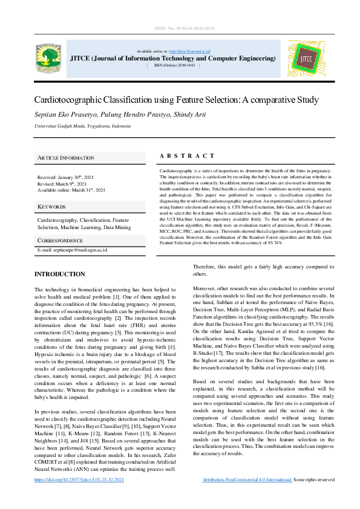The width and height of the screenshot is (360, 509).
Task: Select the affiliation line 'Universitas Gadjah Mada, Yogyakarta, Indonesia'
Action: pos(82,126)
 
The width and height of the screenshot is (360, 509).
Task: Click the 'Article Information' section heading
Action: pos(66,158)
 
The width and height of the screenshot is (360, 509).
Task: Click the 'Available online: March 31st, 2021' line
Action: pos(71,190)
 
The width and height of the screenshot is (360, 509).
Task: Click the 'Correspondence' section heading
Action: pos(60,241)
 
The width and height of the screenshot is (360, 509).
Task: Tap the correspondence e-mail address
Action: pos(72,250)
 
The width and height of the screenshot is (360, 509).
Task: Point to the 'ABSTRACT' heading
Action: pos(187,156)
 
